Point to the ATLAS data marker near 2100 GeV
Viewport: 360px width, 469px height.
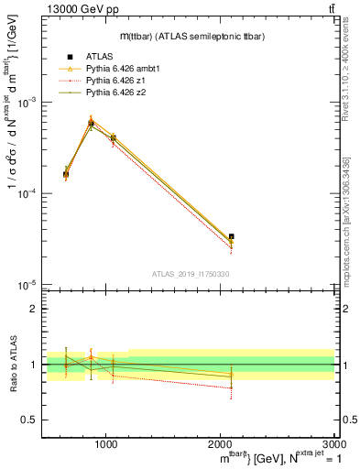[231, 236]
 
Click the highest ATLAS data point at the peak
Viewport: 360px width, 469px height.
[91, 123]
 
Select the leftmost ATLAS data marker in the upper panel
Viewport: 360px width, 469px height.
[65, 174]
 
